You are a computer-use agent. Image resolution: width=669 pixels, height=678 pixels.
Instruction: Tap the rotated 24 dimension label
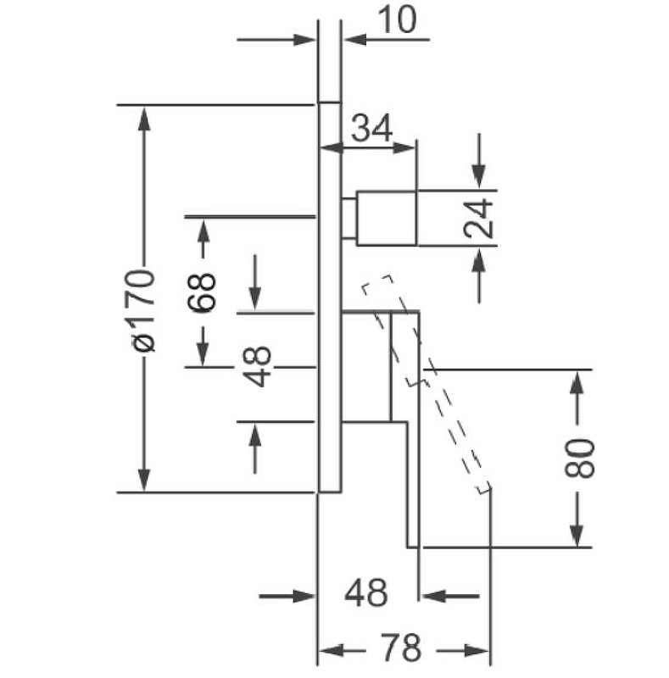point(478,217)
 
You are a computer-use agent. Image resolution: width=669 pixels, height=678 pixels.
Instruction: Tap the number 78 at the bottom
point(400,649)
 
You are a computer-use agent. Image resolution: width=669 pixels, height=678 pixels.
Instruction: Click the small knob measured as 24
point(387,217)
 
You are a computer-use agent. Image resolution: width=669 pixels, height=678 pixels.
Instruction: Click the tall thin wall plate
point(329,297)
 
